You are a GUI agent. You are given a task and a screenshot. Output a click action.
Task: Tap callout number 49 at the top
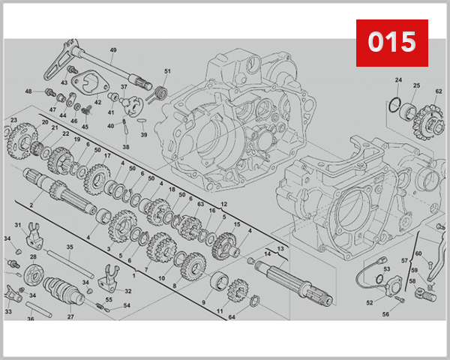pyautogui.click(x=113, y=50)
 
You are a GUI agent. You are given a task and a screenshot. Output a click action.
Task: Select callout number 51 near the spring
pyautogui.click(x=167, y=71)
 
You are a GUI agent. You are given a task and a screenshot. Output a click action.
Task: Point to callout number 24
pyautogui.click(x=398, y=80)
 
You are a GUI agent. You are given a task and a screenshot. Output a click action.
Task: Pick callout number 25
pyautogui.click(x=416, y=85)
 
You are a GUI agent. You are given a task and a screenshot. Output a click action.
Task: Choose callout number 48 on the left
pyautogui.click(x=28, y=91)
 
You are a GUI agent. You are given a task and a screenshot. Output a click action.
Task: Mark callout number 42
pyautogui.click(x=97, y=102)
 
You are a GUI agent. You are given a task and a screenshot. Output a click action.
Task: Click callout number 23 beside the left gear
pyautogui.click(x=13, y=120)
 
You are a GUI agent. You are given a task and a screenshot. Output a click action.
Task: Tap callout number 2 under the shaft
pyautogui.click(x=31, y=205)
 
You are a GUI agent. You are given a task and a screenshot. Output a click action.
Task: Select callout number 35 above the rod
pyautogui.click(x=69, y=247)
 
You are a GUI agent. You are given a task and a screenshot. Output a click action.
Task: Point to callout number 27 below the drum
pyautogui.click(x=70, y=317)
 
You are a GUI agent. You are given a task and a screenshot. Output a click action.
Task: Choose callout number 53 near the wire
pyautogui.click(x=387, y=268)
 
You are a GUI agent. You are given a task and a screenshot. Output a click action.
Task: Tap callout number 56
pyautogui.click(x=385, y=314)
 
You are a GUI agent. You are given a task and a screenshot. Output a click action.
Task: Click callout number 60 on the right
pyautogui.click(x=418, y=253)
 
